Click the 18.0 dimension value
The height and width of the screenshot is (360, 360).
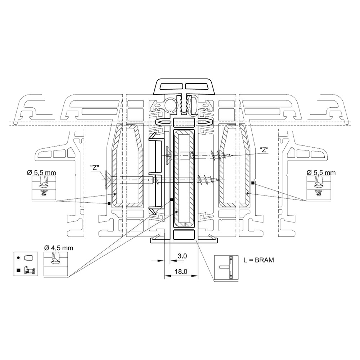click(181, 271)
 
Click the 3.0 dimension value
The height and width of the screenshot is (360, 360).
click(182, 256)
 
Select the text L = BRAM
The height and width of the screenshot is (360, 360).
click(259, 260)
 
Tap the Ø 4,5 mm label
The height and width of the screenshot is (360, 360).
click(59, 248)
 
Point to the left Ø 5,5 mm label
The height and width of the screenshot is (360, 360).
click(41, 173)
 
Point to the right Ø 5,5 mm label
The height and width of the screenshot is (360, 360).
click(321, 173)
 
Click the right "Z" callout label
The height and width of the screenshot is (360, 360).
click(264, 150)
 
